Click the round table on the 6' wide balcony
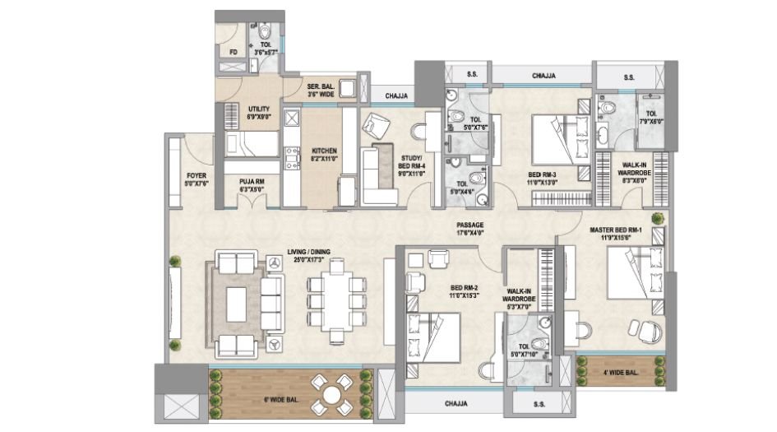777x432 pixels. (x=331, y=394)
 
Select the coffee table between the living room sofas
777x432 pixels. (x=237, y=304)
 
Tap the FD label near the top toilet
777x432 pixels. (x=234, y=53)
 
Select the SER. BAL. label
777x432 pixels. (x=320, y=90)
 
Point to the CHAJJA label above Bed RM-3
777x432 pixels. (x=543, y=76)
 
